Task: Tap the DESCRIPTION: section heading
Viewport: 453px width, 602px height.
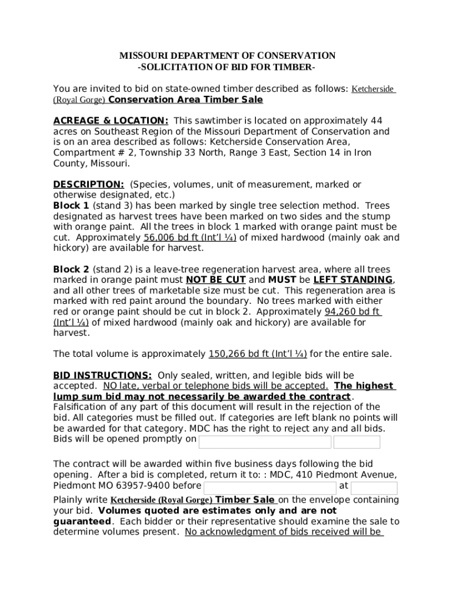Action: [88, 185]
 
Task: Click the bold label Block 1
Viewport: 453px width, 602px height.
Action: [71, 206]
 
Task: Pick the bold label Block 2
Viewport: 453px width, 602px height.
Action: [71, 269]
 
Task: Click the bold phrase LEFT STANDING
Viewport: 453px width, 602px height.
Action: [353, 280]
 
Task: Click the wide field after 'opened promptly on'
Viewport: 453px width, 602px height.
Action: [265, 442]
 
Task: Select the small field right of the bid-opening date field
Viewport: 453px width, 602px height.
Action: [357, 442]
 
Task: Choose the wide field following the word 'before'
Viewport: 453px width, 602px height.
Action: [270, 487]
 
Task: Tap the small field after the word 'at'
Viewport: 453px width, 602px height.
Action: [374, 487]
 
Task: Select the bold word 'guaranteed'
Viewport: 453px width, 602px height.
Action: [82, 521]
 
